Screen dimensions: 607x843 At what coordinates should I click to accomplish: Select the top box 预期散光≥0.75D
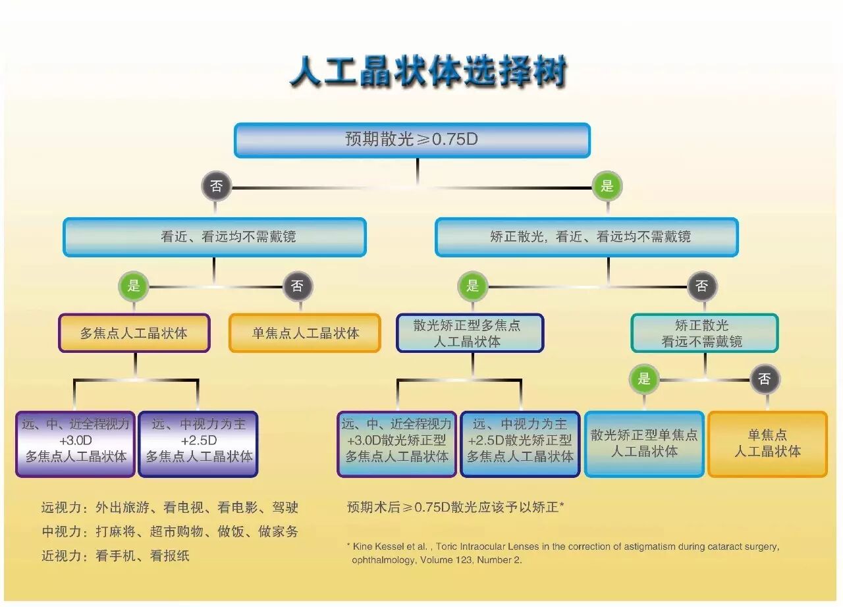click(x=412, y=140)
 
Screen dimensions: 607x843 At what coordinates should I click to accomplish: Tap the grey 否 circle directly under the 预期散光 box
click(x=217, y=187)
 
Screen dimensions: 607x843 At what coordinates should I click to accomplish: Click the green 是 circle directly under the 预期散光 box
click(x=607, y=186)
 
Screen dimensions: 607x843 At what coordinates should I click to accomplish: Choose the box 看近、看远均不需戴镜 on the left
click(x=215, y=237)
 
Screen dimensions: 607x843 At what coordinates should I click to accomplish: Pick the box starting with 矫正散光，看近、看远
click(x=586, y=237)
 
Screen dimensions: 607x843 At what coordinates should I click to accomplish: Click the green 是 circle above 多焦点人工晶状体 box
click(x=134, y=286)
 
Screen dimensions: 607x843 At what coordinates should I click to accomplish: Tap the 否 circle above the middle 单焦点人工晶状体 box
click(x=298, y=286)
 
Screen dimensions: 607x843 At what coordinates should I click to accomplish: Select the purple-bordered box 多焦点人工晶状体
click(x=134, y=333)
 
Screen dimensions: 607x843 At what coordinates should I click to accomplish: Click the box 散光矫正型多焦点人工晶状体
click(x=470, y=333)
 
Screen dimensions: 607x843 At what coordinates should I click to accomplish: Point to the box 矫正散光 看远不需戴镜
click(x=703, y=333)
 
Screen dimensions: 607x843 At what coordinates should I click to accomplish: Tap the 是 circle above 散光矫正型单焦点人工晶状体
click(x=644, y=379)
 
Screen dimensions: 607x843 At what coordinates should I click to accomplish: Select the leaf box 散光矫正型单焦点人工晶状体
click(x=644, y=443)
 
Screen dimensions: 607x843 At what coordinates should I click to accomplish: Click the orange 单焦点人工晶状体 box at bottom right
click(x=767, y=443)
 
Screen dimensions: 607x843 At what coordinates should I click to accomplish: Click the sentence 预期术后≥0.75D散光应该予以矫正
click(x=454, y=508)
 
